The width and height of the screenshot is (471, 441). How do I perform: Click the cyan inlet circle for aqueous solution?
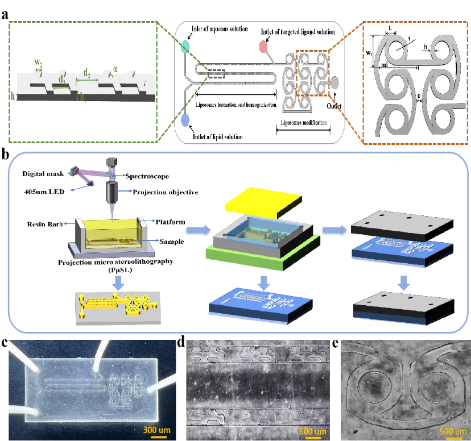point(185,47)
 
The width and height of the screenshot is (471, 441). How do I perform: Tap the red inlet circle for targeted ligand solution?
point(264,48)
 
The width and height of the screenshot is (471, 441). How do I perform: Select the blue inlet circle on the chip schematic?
point(185,120)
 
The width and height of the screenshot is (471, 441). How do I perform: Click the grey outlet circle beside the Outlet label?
point(334,82)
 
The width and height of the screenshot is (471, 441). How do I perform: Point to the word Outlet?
point(336,105)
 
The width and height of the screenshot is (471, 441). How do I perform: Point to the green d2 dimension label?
point(87,73)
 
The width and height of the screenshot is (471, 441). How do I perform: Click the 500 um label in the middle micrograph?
point(313,431)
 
